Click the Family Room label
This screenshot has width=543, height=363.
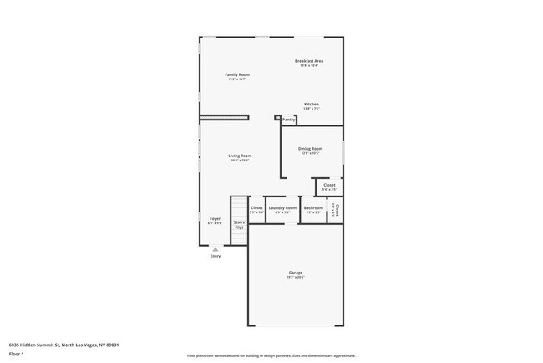tap(238, 74)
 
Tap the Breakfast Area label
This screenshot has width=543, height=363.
tap(309, 61)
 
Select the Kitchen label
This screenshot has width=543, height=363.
tap(311, 105)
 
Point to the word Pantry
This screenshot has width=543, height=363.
tap(288, 120)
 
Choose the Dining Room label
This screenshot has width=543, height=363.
tap(311, 149)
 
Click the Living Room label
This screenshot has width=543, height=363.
tap(241, 156)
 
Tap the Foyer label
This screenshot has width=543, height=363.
tap(215, 218)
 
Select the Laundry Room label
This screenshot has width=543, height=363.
tap(282, 207)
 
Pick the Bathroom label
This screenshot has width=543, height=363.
tap(313, 207)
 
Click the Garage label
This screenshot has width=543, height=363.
tap(296, 273)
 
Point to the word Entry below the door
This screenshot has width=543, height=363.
tap(216, 256)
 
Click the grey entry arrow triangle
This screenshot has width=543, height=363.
tap(216, 248)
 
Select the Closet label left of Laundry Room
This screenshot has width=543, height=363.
tap(256, 207)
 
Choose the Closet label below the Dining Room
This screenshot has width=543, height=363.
tap(329, 185)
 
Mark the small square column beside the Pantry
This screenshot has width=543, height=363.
tap(277, 118)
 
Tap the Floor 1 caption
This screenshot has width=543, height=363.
tap(17, 353)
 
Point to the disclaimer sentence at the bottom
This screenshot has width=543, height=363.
tap(271, 355)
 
